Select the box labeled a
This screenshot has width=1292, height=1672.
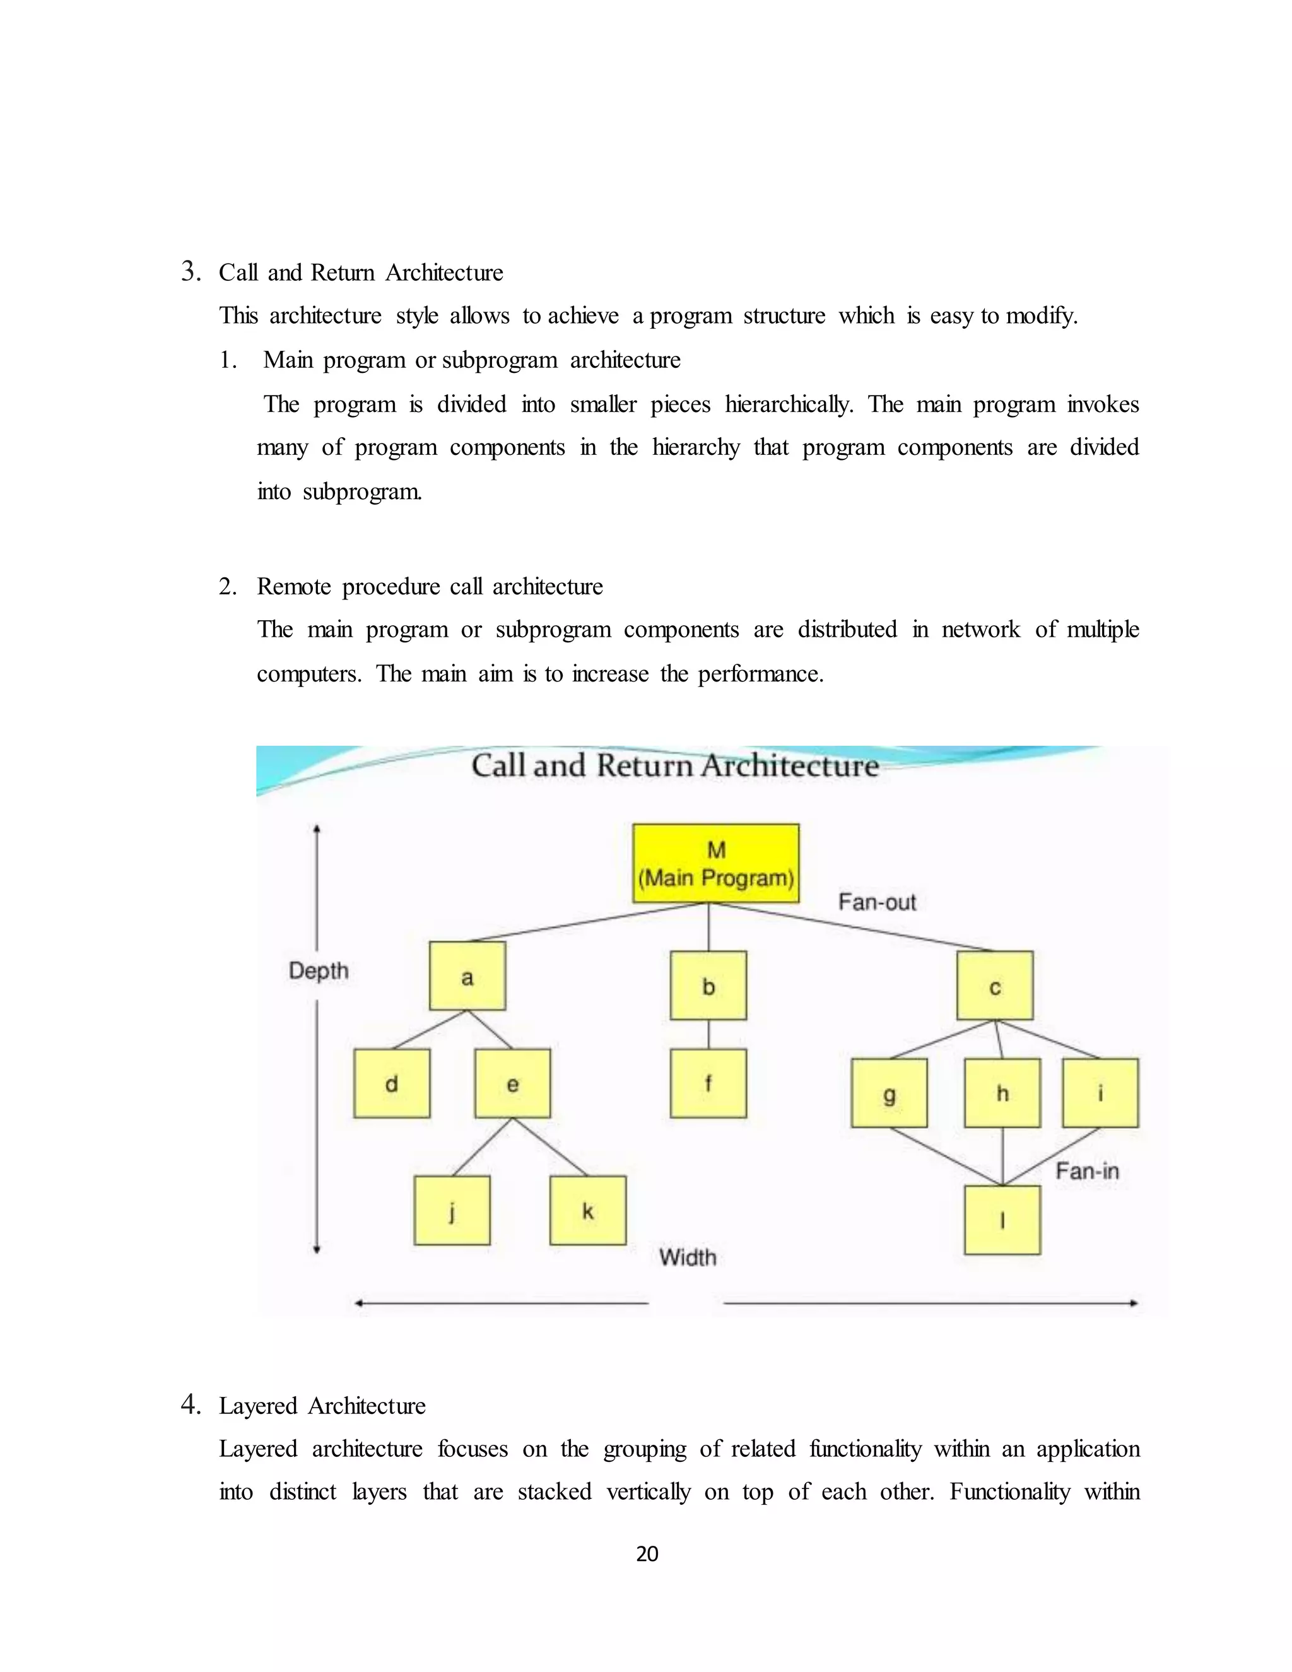coord(467,976)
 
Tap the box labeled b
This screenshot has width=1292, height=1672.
coord(708,986)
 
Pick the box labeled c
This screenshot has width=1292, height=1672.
coord(994,986)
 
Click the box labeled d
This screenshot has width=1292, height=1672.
coord(392,1083)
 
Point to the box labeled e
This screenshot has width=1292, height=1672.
coord(512,1083)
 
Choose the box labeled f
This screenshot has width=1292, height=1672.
coord(708,1083)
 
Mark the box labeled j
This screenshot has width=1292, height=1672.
coord(452,1210)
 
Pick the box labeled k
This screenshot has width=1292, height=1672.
coord(588,1210)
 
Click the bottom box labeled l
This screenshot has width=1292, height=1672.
coord(1002,1220)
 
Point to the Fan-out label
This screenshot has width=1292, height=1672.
coord(876,902)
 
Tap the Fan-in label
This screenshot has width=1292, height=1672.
coord(1087,1170)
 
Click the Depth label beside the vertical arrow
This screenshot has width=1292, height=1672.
coord(319,971)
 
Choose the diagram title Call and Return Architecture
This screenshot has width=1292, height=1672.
coord(674,765)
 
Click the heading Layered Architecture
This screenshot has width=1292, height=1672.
coord(322,1406)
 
